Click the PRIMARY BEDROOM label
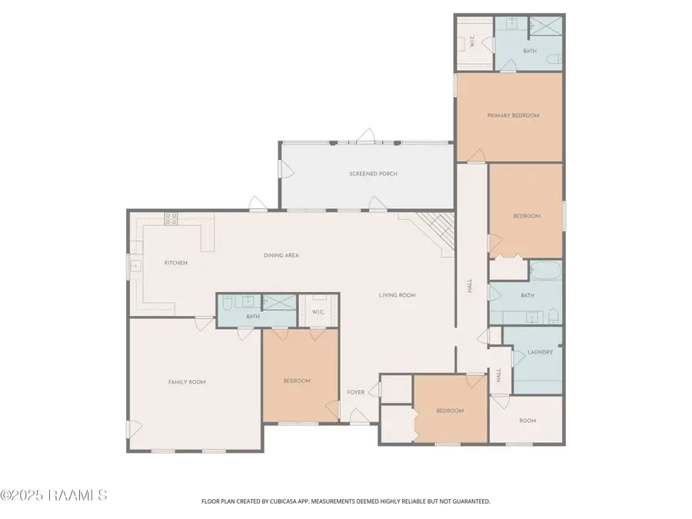point(513,115)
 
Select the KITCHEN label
point(175,263)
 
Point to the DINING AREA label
point(281,255)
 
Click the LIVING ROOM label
point(397,294)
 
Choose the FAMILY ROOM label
point(187,382)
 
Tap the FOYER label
point(355,392)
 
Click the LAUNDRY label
point(540,352)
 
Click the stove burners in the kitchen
point(170,218)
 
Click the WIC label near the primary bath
point(472,43)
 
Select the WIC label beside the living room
point(318,311)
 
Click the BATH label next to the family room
point(253,316)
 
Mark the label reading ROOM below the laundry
point(527,421)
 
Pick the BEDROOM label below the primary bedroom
point(527,216)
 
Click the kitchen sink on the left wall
point(135,266)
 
